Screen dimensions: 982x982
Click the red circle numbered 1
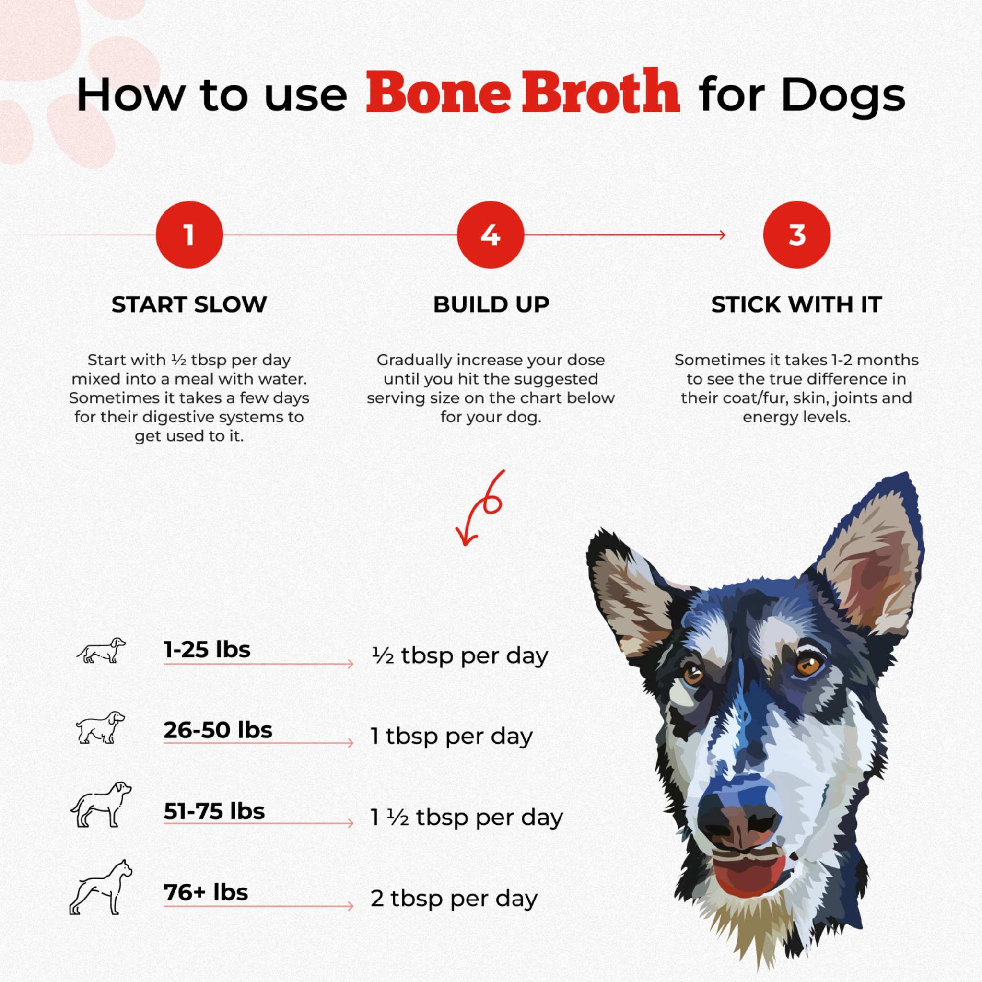coord(189,235)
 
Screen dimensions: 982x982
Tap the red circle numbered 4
coord(490,235)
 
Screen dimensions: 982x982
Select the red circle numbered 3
coord(796,235)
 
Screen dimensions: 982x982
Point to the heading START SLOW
coord(189,304)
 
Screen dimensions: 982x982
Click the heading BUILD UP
coord(491,304)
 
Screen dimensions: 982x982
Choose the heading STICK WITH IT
coord(796,304)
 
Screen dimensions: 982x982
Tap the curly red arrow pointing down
coord(480,508)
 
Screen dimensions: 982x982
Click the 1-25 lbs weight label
coord(207,650)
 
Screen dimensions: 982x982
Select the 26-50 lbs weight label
coord(218,730)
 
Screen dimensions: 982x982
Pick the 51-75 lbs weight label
coord(214,811)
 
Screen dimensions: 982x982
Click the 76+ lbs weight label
coord(206,892)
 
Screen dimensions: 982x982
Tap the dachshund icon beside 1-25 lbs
coord(101,651)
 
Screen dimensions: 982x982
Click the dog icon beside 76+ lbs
coord(101,888)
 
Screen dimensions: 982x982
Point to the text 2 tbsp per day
coord(454,898)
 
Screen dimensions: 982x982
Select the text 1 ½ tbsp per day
coord(467,818)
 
